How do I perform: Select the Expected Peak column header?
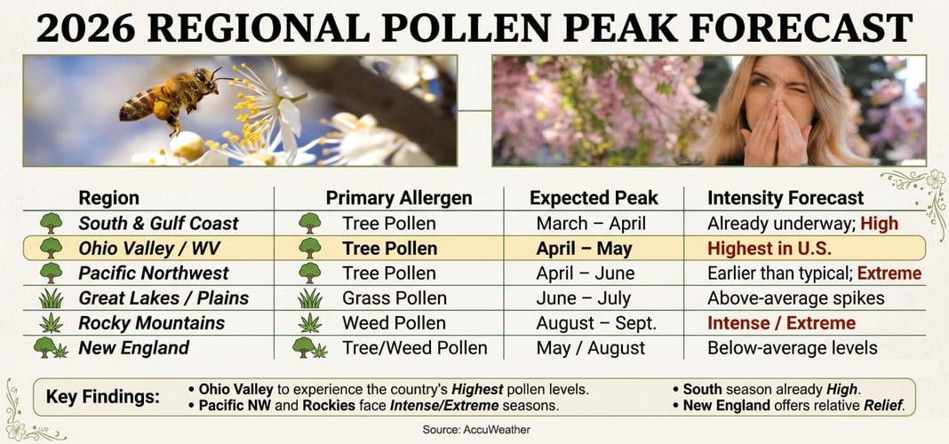tap(593, 198)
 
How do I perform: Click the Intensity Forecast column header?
tap(786, 198)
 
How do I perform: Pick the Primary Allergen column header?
tap(399, 198)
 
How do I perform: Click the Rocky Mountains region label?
tap(151, 323)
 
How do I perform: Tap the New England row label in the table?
tap(133, 348)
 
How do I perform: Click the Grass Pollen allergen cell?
tap(395, 298)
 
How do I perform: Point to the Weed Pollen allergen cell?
tap(394, 323)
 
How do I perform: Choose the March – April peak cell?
tap(591, 224)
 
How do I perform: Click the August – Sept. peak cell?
tap(596, 323)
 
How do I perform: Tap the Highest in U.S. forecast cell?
tap(770, 249)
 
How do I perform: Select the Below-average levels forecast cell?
tap(793, 348)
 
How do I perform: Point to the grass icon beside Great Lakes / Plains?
tap(51, 298)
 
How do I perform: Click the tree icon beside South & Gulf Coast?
tap(51, 223)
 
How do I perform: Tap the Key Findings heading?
tap(103, 397)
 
